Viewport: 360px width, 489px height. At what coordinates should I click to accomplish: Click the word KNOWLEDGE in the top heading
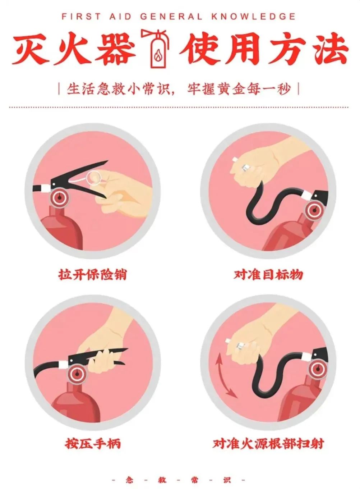click(x=253, y=16)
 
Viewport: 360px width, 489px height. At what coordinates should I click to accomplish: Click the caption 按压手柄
click(x=93, y=443)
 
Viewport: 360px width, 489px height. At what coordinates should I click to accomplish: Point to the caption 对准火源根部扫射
click(x=268, y=443)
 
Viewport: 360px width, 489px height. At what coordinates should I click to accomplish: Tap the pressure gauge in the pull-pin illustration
click(x=59, y=198)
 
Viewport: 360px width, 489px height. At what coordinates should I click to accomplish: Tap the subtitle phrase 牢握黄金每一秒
click(x=238, y=89)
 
